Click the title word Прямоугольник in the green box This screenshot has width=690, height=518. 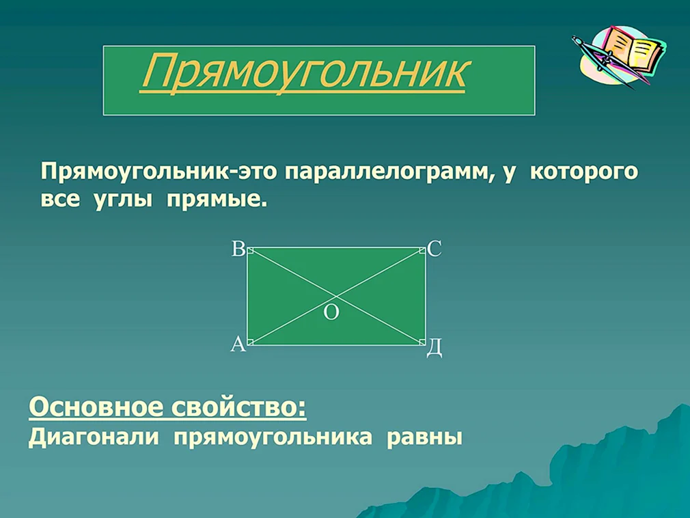click(x=303, y=73)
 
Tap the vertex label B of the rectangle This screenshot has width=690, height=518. click(x=238, y=249)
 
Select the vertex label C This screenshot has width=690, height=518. click(x=434, y=249)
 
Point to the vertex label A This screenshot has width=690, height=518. click(x=238, y=344)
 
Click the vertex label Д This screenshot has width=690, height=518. click(x=434, y=348)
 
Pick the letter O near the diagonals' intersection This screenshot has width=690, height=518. click(x=331, y=312)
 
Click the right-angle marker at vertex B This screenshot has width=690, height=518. click(x=251, y=251)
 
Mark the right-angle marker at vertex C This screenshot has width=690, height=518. click(x=422, y=251)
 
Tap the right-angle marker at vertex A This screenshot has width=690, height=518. click(x=251, y=342)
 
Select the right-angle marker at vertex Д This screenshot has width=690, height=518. click(x=422, y=342)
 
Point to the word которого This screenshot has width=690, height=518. click(x=584, y=172)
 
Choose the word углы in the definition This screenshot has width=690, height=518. click(x=123, y=201)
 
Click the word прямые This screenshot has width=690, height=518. click(x=217, y=201)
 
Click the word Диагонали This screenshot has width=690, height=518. click(x=94, y=437)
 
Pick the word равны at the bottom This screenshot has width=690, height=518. click(x=425, y=438)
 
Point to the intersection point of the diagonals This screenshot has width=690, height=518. click(x=336, y=296)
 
